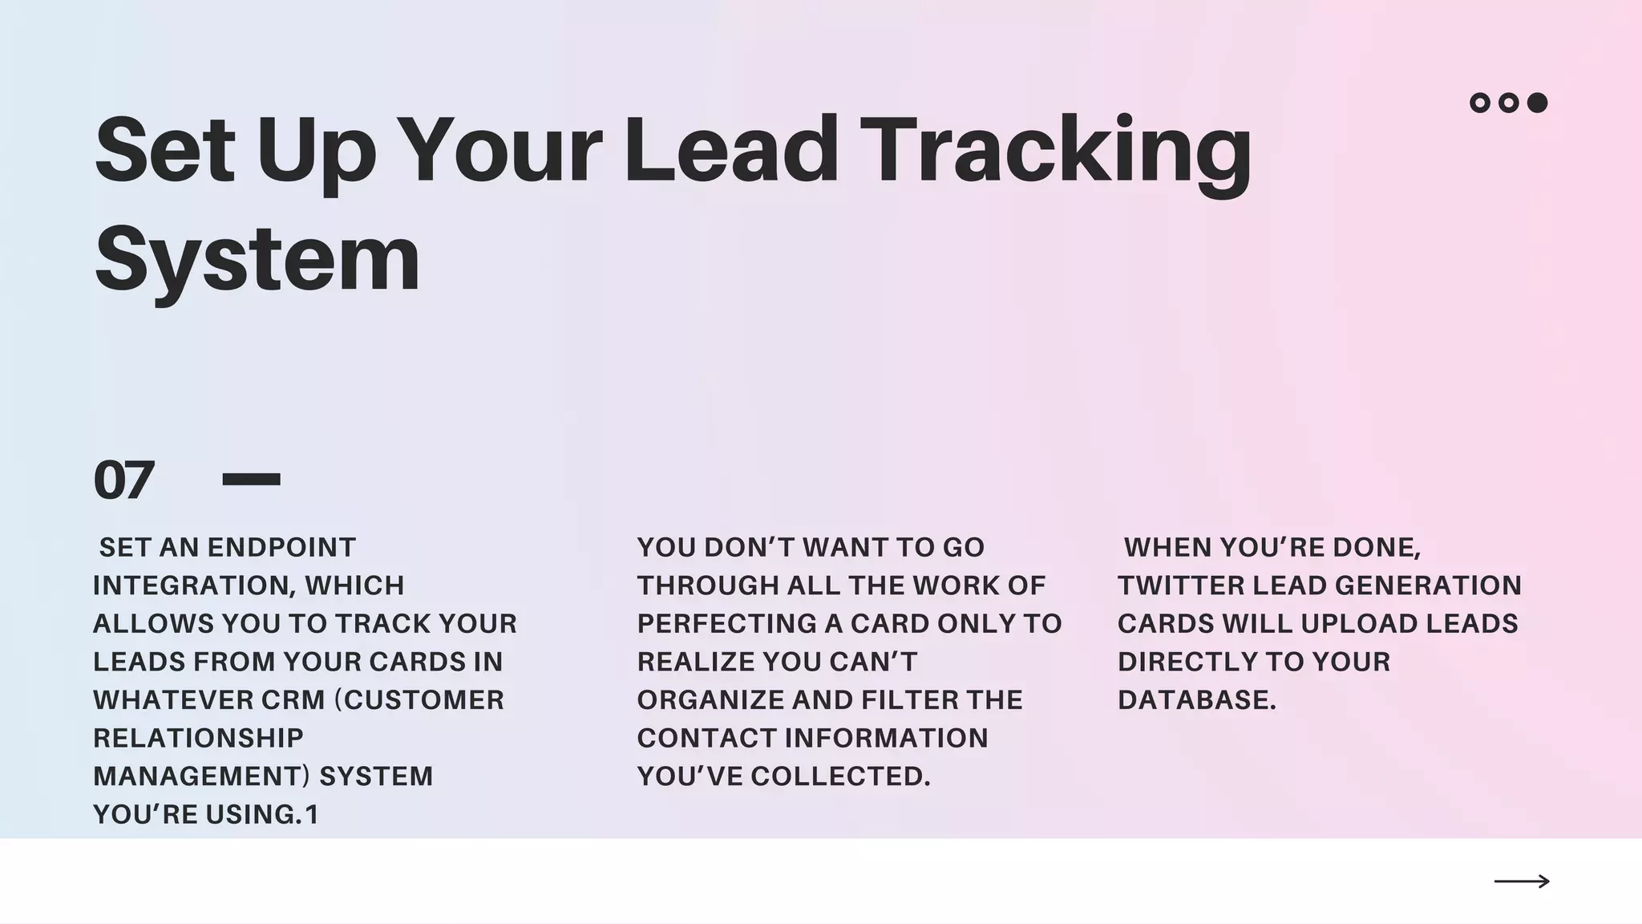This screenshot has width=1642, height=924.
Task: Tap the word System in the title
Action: (257, 259)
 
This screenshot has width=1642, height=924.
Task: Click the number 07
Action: (123, 480)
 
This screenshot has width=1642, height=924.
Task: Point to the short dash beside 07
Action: (251, 480)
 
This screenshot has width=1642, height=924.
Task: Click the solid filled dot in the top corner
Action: (1537, 103)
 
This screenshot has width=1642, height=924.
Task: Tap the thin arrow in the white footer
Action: (1522, 881)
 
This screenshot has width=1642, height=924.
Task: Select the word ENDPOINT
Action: (281, 548)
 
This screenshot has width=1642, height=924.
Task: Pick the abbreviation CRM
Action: (293, 700)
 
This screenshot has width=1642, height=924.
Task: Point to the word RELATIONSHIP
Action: (198, 738)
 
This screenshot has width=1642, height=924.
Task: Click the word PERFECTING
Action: (726, 624)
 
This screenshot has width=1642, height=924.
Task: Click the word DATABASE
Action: (1196, 700)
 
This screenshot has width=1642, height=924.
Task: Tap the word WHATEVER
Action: (172, 700)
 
